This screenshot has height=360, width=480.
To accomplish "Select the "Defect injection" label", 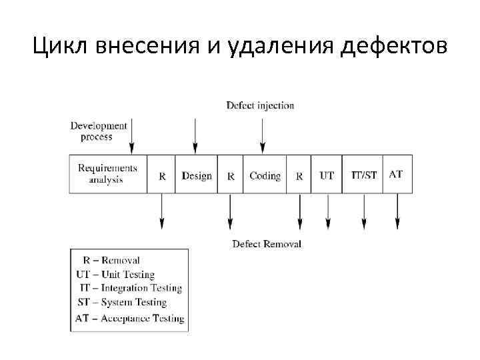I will (x=260, y=105).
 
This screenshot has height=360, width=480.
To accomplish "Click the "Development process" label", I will (x=98, y=131).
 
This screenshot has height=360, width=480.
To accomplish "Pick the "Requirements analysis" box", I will (x=107, y=174).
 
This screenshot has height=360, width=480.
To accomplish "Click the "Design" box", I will (x=197, y=176).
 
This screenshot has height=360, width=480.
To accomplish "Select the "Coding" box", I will (x=265, y=176).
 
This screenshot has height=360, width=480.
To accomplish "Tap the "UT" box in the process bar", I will (x=327, y=176).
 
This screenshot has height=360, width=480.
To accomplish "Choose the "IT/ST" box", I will (x=363, y=176).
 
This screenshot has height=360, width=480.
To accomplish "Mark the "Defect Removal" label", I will (x=267, y=244).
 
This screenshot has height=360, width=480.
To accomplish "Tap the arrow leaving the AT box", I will (x=397, y=211).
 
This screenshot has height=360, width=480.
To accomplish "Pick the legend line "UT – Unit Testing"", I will (x=115, y=275).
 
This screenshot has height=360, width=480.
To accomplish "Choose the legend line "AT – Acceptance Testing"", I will (x=129, y=319).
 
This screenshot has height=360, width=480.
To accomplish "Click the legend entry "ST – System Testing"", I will (x=122, y=303).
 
